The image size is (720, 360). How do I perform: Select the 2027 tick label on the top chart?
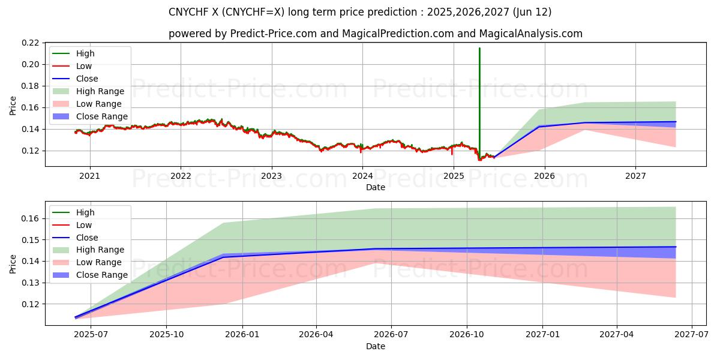pyautogui.click(x=635, y=176)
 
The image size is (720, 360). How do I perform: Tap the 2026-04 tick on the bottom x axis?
pyautogui.click(x=316, y=334)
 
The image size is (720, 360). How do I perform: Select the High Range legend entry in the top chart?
pyautogui.click(x=100, y=91)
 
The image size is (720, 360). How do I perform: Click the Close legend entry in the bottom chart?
pyautogui.click(x=87, y=238)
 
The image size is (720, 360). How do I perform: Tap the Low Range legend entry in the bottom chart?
pyautogui.click(x=98, y=262)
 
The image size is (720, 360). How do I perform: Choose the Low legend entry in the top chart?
pyautogui.click(x=84, y=66)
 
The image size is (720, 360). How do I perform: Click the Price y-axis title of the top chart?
pyautogui.click(x=13, y=106)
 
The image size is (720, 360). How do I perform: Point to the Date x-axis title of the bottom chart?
pyautogui.click(x=376, y=346)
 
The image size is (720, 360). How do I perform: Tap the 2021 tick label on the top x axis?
pyautogui.click(x=90, y=176)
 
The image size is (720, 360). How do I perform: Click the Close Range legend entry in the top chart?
pyautogui.click(x=101, y=116)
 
